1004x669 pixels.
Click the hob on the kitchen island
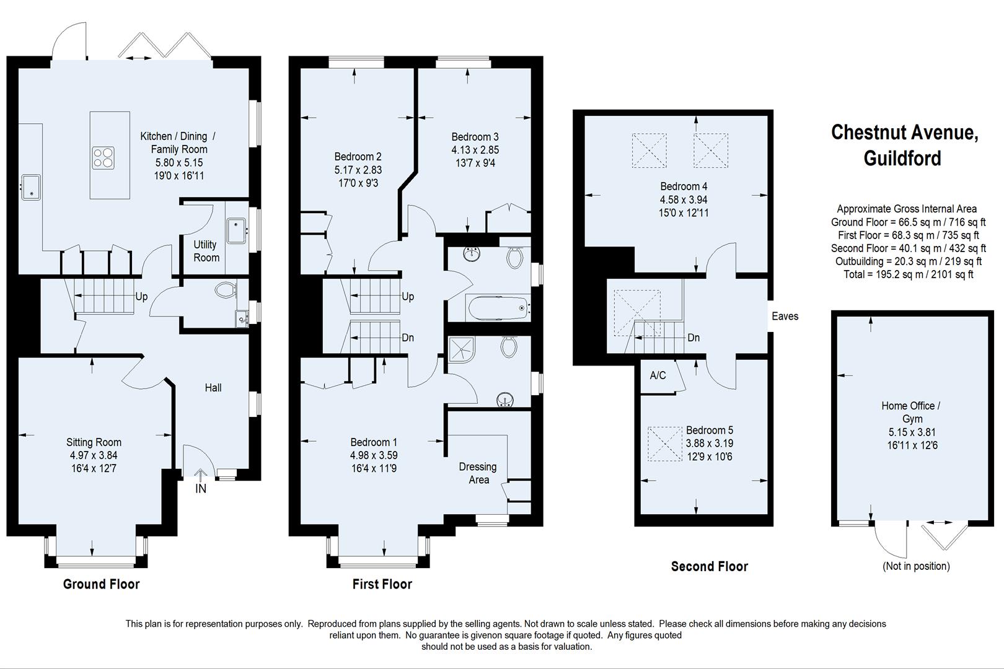104,157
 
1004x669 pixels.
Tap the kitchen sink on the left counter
30,187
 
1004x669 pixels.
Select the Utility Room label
206,251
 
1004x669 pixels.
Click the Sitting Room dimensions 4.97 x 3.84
94,455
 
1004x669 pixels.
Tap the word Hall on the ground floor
213,388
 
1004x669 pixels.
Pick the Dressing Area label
478,473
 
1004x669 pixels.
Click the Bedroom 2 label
358,157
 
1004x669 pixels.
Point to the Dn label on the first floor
408,338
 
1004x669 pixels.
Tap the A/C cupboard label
658,375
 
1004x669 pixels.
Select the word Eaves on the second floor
785,317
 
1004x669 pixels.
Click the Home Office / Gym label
910,413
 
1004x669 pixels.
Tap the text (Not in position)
916,566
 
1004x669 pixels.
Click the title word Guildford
902,159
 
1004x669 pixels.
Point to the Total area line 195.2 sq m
909,274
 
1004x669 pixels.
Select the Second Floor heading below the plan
709,566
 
